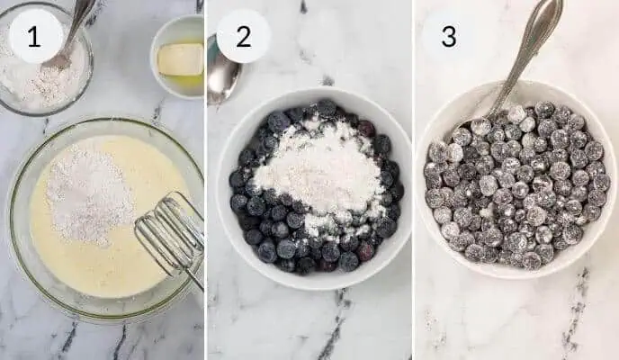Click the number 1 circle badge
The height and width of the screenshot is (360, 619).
pyautogui.click(x=35, y=36)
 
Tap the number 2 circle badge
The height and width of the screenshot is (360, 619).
pyautogui.click(x=243, y=36)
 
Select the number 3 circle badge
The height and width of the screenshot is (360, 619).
pyautogui.click(x=448, y=36)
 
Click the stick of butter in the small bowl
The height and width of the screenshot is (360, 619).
pyautogui.click(x=181, y=58)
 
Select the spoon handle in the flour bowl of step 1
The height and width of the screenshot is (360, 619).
pyautogui.click(x=80, y=20)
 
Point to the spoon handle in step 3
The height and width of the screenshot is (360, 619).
pyautogui.click(x=532, y=40)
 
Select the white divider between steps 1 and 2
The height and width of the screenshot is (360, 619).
pyautogui.click(x=205, y=180)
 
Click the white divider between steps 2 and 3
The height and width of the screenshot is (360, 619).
pyautogui.click(x=413, y=180)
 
